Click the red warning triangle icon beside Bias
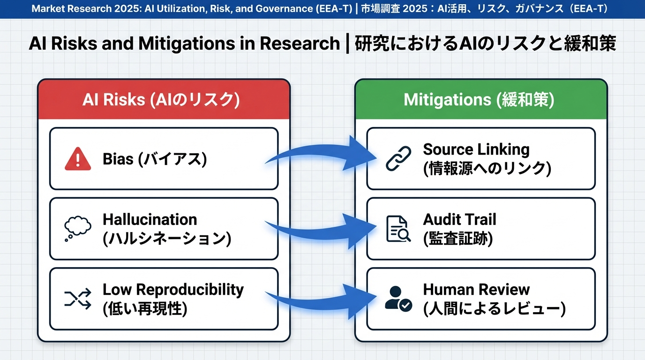tap(77, 158)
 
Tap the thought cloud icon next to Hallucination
tap(77, 228)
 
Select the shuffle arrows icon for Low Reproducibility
tap(77, 298)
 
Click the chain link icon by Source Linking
tap(398, 158)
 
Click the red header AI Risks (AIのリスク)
tap(164, 100)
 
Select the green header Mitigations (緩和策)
tap(480, 100)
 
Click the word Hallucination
tap(150, 219)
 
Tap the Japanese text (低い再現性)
tap(145, 309)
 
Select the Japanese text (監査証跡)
tap(458, 239)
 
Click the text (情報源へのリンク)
tap(487, 168)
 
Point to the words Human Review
tap(476, 289)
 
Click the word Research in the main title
tap(300, 44)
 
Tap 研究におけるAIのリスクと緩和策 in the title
tap(485, 44)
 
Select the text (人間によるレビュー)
tap(494, 309)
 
